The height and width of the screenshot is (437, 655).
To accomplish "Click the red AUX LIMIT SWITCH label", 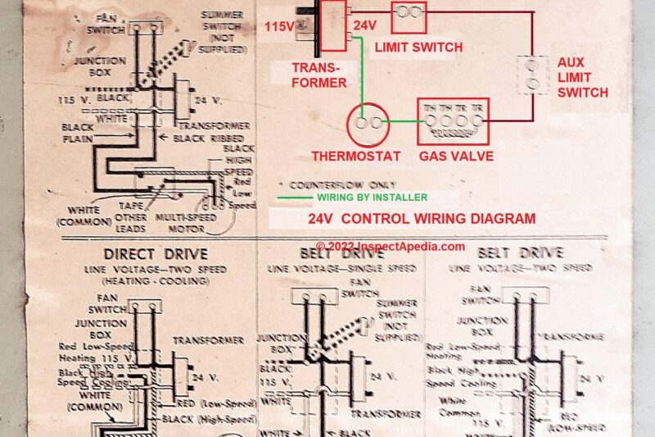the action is click(582, 77).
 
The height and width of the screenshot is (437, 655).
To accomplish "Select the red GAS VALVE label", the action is click(456, 156).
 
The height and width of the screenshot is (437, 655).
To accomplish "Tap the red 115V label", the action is click(280, 27).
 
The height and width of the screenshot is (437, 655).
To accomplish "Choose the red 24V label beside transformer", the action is click(364, 26).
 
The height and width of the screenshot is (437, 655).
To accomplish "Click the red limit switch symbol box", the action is click(410, 12).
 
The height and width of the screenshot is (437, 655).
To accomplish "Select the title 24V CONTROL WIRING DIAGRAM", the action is click(422, 219).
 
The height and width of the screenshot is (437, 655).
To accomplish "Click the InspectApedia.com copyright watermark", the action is click(391, 246).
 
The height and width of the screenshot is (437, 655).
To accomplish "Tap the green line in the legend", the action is click(291, 198).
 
